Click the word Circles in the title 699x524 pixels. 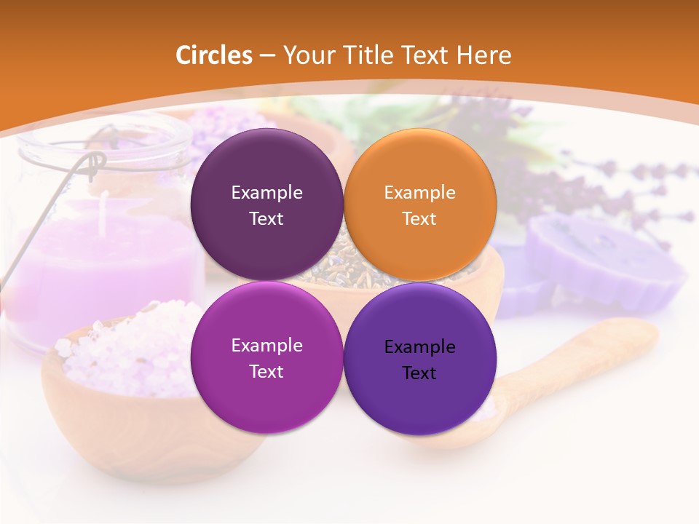tap(214, 55)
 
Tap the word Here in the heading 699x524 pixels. tap(484, 55)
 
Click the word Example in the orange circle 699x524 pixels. tap(420, 193)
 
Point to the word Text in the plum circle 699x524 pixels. tap(266, 219)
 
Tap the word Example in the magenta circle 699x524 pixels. tap(266, 346)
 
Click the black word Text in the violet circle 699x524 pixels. tap(419, 373)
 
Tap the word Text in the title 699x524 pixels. tap(424, 55)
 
